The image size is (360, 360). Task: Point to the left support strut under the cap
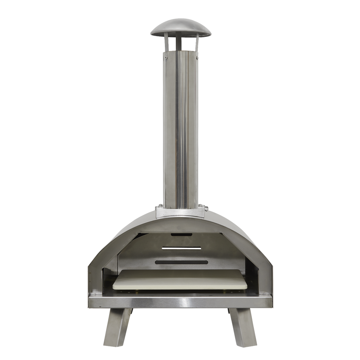click(x=166, y=44)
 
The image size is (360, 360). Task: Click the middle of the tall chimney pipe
click(x=180, y=130)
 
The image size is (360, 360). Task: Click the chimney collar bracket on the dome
click(x=180, y=212)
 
